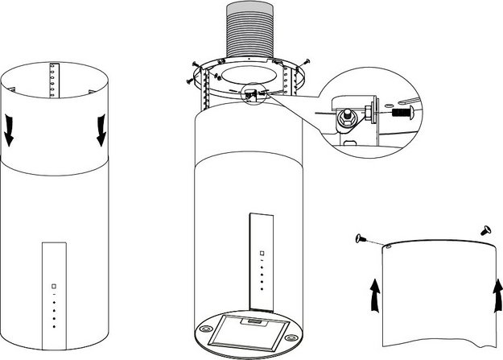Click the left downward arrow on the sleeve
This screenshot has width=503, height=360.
click(9, 130)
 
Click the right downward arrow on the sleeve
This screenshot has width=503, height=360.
click(101, 130)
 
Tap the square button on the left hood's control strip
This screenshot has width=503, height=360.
click(53, 286)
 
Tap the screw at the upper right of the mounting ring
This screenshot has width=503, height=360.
click(307, 61)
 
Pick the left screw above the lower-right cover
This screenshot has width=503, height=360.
click(358, 238)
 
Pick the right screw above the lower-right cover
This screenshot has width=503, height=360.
click(487, 230)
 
